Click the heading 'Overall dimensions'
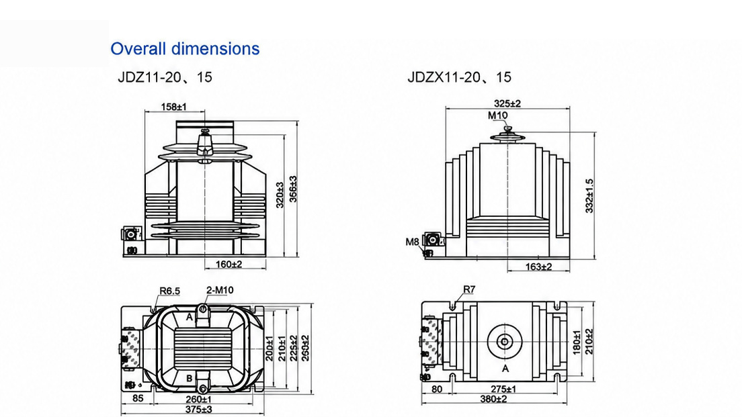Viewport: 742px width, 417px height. tap(185, 49)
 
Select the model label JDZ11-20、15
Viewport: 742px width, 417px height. tap(165, 77)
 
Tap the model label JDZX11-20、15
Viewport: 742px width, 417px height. tap(460, 77)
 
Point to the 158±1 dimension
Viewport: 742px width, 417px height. tap(173, 106)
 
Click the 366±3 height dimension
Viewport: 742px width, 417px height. tap(294, 189)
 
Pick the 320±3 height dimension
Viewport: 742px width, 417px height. tap(280, 195)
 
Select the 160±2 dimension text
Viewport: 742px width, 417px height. tap(229, 265)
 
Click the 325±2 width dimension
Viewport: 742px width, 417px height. tap(507, 103)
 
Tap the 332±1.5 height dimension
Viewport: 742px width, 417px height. tap(589, 195)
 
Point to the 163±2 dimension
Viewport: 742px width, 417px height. tap(538, 267)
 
